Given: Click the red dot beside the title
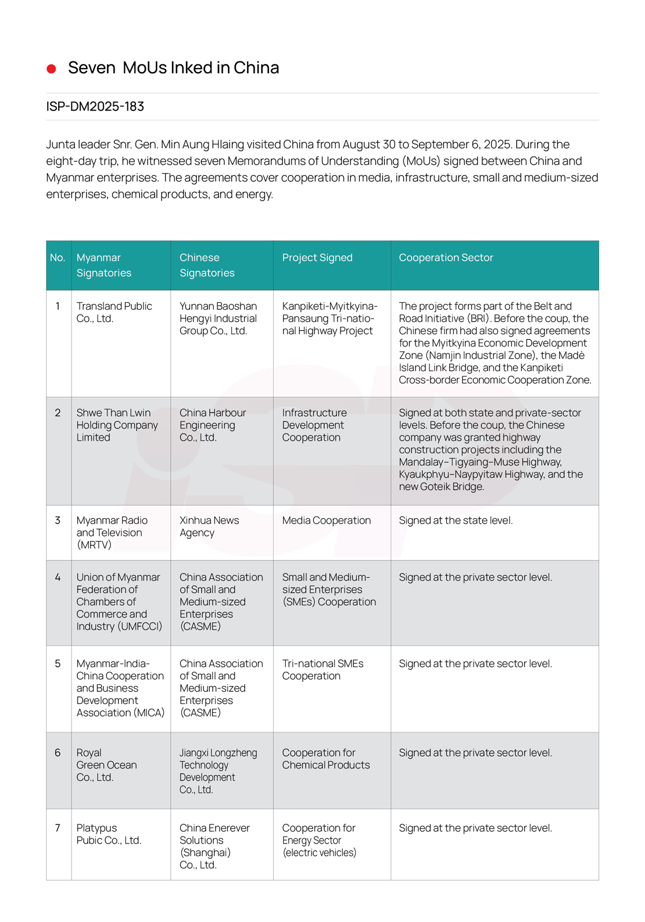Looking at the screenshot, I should click(x=51, y=69).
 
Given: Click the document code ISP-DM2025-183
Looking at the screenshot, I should click(x=95, y=106).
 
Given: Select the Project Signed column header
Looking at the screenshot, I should click(x=317, y=258).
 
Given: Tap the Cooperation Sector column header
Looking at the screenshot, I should click(x=446, y=258).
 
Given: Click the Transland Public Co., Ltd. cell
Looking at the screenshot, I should click(x=114, y=312).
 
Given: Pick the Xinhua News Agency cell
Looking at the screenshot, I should click(x=209, y=526).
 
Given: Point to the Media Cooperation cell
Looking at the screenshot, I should click(x=326, y=520).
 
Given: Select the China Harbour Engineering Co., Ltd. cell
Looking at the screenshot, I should click(x=213, y=425).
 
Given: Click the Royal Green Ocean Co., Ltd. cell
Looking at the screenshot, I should click(x=106, y=764).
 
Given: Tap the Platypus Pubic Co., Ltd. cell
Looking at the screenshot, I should click(x=109, y=834).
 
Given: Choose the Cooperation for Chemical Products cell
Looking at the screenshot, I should click(x=326, y=759).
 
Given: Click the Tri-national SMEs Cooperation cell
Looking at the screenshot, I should click(x=322, y=670).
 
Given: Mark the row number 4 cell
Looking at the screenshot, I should click(x=58, y=577).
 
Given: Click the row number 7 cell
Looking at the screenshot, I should click(x=58, y=828).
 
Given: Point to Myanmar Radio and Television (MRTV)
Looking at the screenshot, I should click(x=112, y=533).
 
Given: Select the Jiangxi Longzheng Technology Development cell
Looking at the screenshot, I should click(x=218, y=771).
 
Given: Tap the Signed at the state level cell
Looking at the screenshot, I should click(x=456, y=520).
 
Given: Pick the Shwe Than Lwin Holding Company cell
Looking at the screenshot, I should click(x=117, y=425).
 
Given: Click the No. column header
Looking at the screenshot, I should click(x=58, y=258).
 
